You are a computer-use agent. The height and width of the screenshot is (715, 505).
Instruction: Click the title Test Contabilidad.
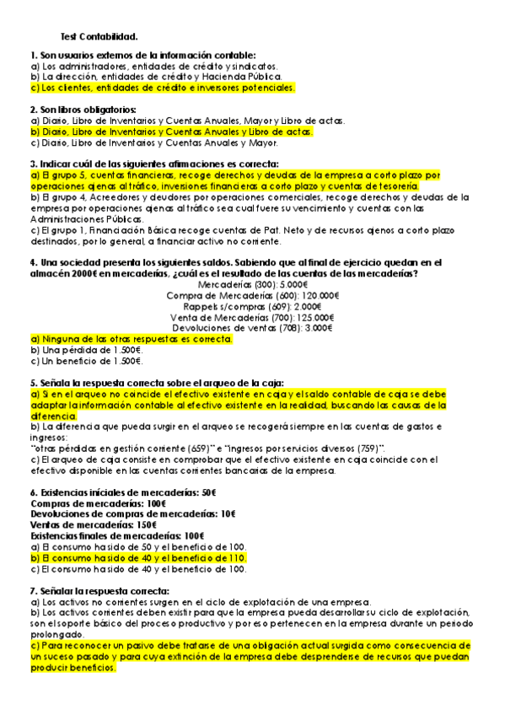click(x=99, y=37)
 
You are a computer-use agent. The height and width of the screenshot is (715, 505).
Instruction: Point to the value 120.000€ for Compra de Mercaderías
click(x=321, y=296)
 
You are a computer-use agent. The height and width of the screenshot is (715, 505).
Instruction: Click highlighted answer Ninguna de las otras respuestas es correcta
click(x=131, y=339)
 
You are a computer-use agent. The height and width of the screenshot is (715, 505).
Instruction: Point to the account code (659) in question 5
click(x=212, y=448)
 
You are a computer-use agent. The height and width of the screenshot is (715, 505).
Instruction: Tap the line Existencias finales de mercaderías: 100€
click(x=116, y=535)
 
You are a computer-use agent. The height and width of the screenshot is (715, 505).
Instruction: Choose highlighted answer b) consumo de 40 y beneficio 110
click(x=138, y=558)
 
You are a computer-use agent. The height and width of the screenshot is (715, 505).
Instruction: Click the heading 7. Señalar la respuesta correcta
click(x=99, y=591)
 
